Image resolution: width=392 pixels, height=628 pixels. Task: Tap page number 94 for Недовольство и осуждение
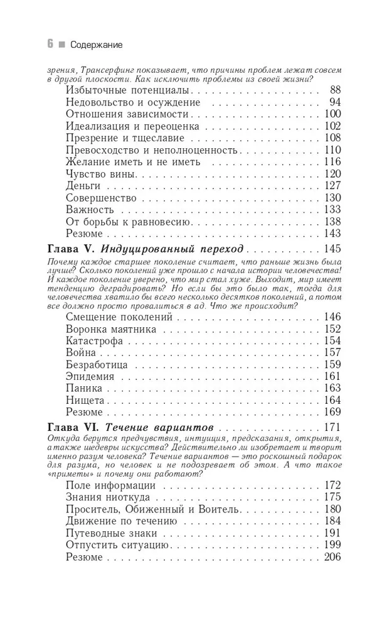pos(334,102)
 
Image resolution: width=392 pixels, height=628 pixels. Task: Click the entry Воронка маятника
pos(111,329)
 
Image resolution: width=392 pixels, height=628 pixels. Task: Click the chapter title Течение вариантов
pos(159,428)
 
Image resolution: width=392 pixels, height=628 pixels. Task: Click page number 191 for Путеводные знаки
pos(332,533)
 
